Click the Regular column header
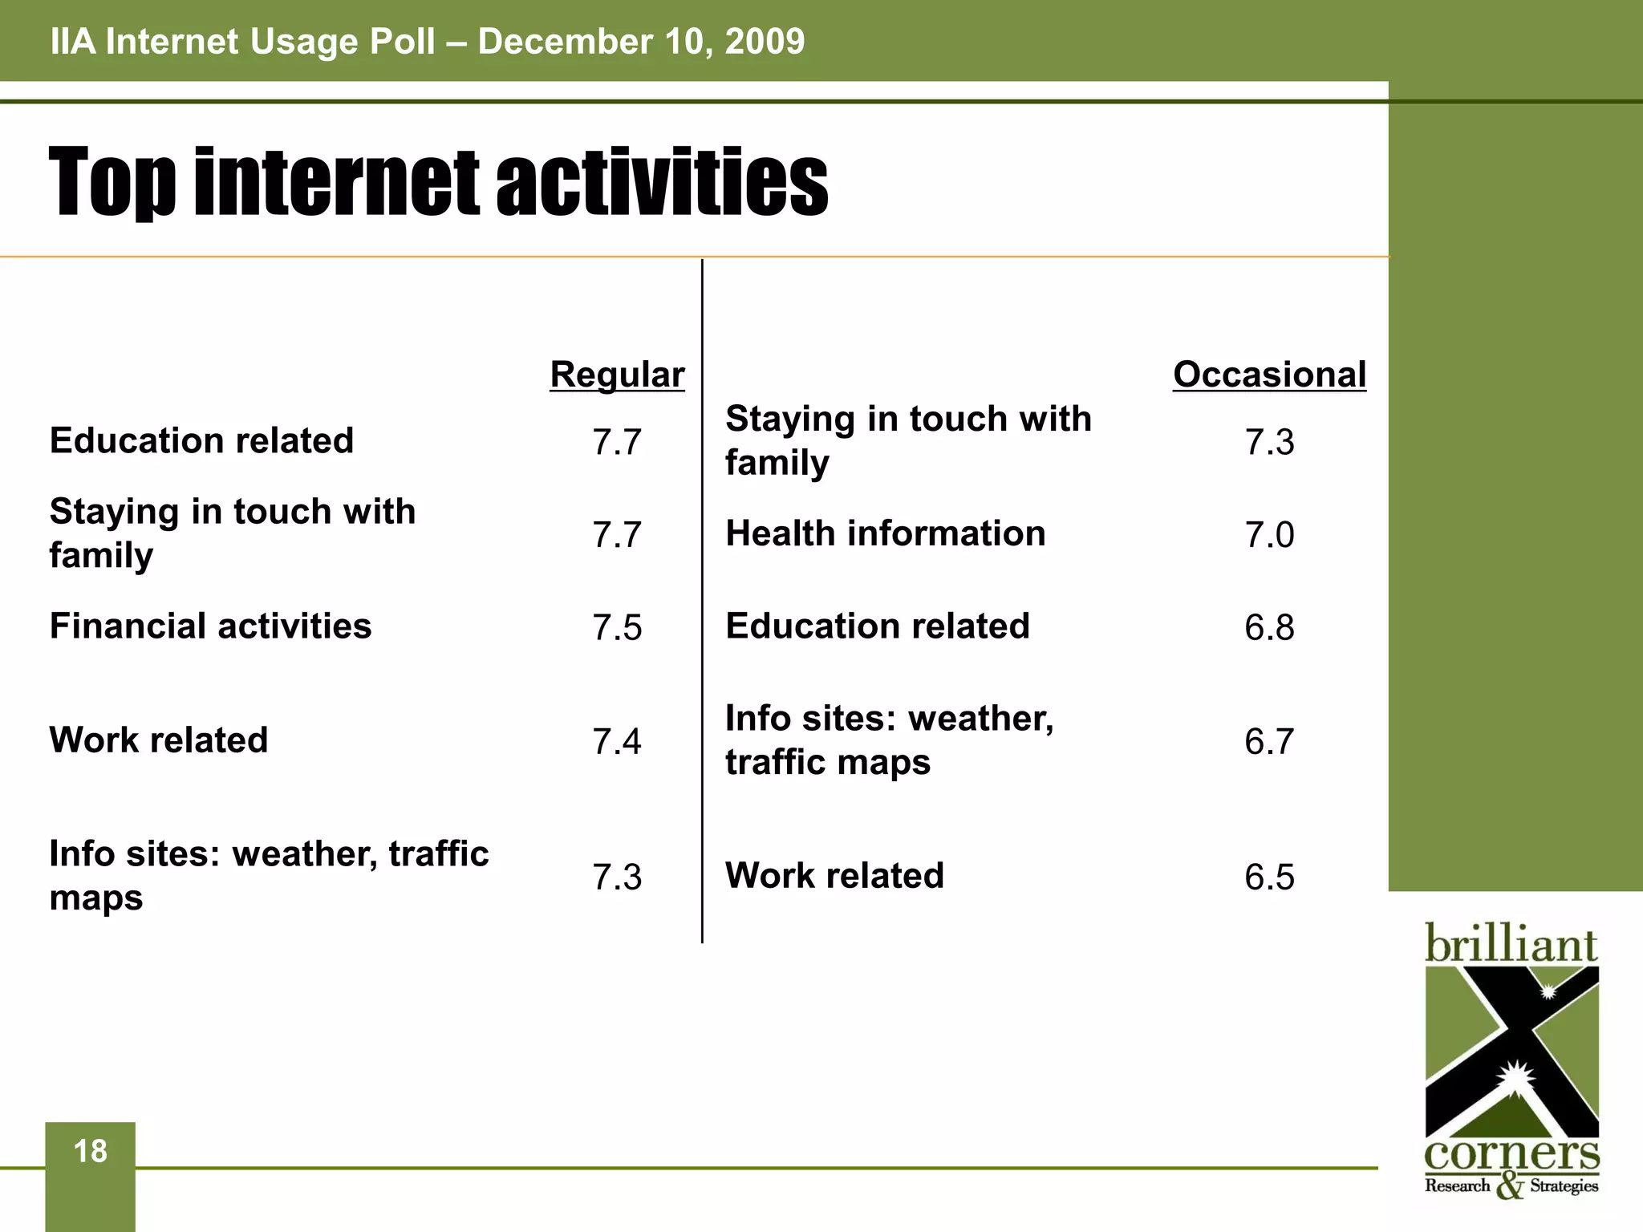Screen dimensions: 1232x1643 pyautogui.click(x=617, y=375)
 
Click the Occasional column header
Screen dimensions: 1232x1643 pyautogui.click(x=1269, y=375)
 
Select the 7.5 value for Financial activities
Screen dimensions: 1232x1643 pyautogui.click(x=617, y=627)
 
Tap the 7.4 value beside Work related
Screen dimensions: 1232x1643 pyautogui.click(x=617, y=741)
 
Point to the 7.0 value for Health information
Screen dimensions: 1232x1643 pyautogui.click(x=1269, y=535)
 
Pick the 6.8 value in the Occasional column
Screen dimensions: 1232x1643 pyautogui.click(x=1269, y=627)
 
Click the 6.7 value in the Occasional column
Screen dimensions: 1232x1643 pyautogui.click(x=1269, y=741)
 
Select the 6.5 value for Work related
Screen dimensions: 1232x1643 pyautogui.click(x=1269, y=877)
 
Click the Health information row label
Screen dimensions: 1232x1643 pyautogui.click(x=886, y=534)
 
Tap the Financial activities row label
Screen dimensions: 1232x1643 pyautogui.click(x=210, y=626)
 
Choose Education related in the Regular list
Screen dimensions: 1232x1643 pyautogui.click(x=201, y=441)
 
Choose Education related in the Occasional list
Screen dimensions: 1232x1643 pyautogui.click(x=878, y=626)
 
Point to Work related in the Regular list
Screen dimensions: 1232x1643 pyautogui.click(x=159, y=740)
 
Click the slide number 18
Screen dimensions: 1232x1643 pyautogui.click(x=90, y=1152)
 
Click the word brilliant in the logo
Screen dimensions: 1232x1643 pyautogui.click(x=1511, y=945)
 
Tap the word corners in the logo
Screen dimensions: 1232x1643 pyautogui.click(x=1511, y=1155)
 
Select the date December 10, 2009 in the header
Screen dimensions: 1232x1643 pyautogui.click(x=641, y=42)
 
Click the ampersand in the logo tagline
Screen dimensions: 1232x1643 pyautogui.click(x=1510, y=1186)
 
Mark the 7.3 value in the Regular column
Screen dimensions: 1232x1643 pyautogui.click(x=617, y=877)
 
